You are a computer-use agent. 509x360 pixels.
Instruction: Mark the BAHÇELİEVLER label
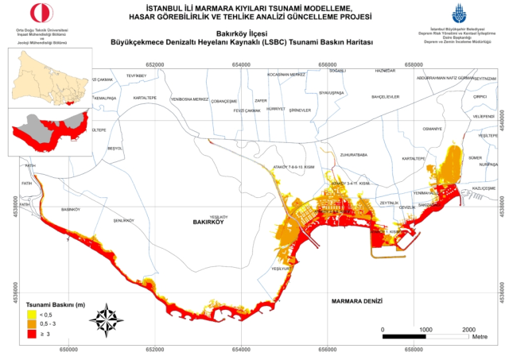click(385, 97)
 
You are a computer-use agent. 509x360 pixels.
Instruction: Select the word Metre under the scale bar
click(480, 337)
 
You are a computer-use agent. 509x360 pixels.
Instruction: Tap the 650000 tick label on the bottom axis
click(68, 349)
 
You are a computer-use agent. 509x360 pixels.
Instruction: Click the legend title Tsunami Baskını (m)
click(55, 304)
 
